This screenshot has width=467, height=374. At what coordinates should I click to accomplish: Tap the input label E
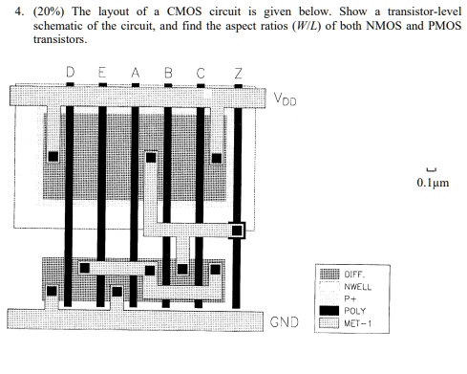pos(102,74)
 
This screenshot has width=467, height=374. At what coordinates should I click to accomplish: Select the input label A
pos(136,74)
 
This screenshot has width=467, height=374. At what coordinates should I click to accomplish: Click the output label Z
pos(238,74)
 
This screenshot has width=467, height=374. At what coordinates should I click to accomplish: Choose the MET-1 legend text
pos(360,322)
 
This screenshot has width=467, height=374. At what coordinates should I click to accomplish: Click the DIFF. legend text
pos(354,274)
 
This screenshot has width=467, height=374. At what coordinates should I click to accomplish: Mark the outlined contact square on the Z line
pos(237,230)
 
